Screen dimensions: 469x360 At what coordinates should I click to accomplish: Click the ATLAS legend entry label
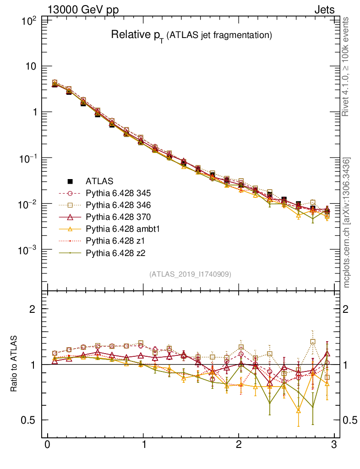99,181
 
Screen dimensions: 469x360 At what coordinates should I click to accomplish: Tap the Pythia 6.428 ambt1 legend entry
122,229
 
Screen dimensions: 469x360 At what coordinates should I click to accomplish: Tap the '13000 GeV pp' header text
83,10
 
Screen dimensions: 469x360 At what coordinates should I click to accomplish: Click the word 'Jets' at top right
324,10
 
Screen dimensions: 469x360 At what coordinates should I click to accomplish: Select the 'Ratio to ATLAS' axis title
14,364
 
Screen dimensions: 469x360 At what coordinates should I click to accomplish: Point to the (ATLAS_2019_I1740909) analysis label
190,274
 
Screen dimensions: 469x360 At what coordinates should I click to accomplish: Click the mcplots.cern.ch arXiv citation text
347,223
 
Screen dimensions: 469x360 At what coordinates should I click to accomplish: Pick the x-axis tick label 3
334,445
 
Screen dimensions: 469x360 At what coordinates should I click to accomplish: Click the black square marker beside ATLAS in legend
71,181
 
